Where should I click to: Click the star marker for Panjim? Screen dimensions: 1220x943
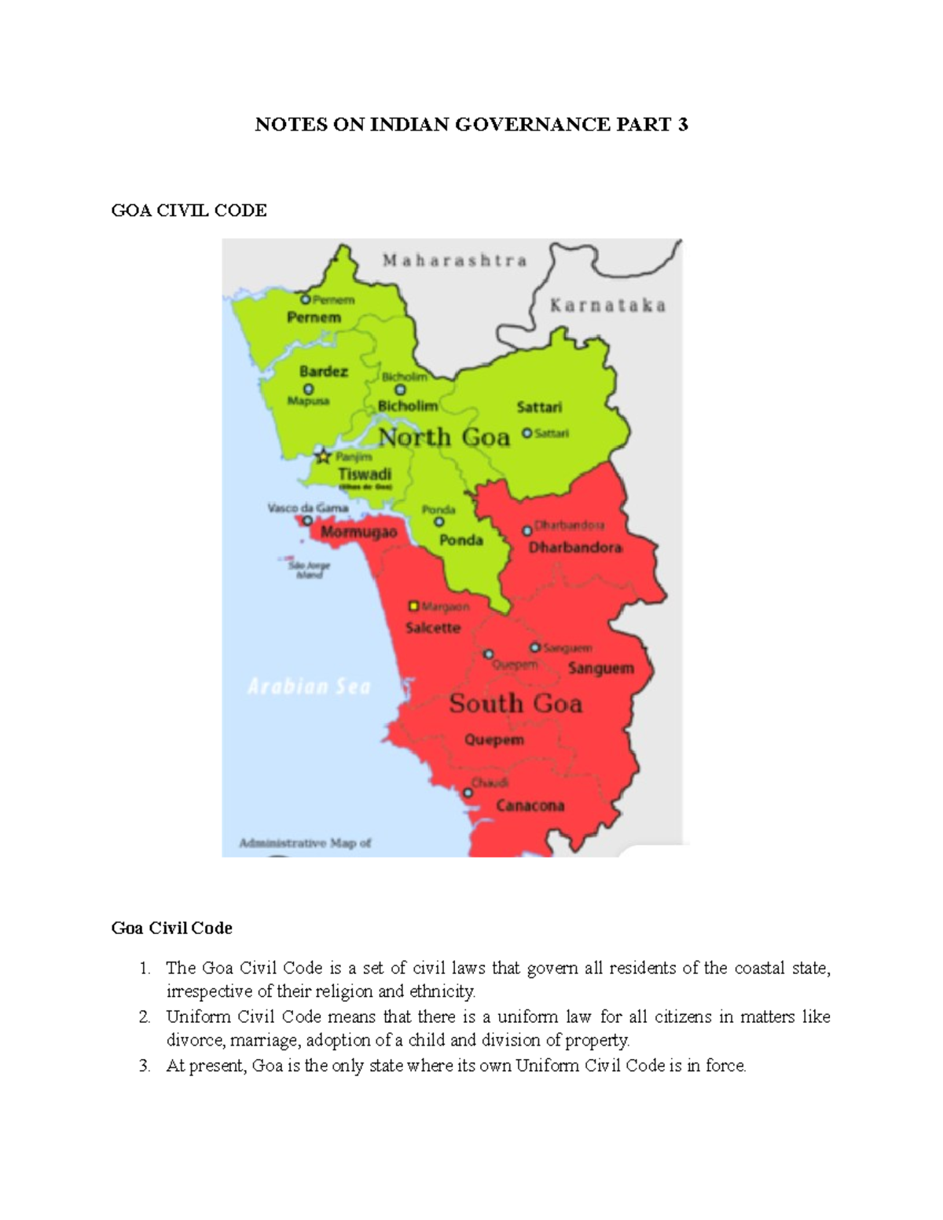tap(323, 456)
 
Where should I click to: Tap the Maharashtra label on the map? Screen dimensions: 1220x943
tap(454, 261)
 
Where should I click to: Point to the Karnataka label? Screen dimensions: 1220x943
tap(607, 306)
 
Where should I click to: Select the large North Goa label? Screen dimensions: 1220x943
tap(444, 437)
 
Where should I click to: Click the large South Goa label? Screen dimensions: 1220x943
tap(516, 703)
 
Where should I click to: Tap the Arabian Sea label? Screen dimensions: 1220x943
tap(309, 687)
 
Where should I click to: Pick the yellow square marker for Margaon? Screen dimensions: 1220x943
tap(413, 606)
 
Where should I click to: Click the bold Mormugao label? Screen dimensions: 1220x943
tap(358, 533)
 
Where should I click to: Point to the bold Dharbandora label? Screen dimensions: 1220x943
tap(575, 548)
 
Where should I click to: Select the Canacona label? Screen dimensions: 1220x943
tap(530, 806)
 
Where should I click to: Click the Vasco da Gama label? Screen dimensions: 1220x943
tap(307, 508)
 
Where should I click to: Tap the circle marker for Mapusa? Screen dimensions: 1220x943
tap(308, 389)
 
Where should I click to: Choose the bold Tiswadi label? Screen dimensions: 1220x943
tap(364, 474)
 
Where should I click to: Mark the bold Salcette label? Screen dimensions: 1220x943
tap(433, 628)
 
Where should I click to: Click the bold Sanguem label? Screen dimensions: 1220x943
tap(600, 669)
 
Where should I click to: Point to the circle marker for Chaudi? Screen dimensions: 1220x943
tap(468, 793)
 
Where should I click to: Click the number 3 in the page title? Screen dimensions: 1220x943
tap(682, 124)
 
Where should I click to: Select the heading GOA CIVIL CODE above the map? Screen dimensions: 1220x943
tap(189, 210)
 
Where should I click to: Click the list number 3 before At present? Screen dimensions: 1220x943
tap(144, 1066)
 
